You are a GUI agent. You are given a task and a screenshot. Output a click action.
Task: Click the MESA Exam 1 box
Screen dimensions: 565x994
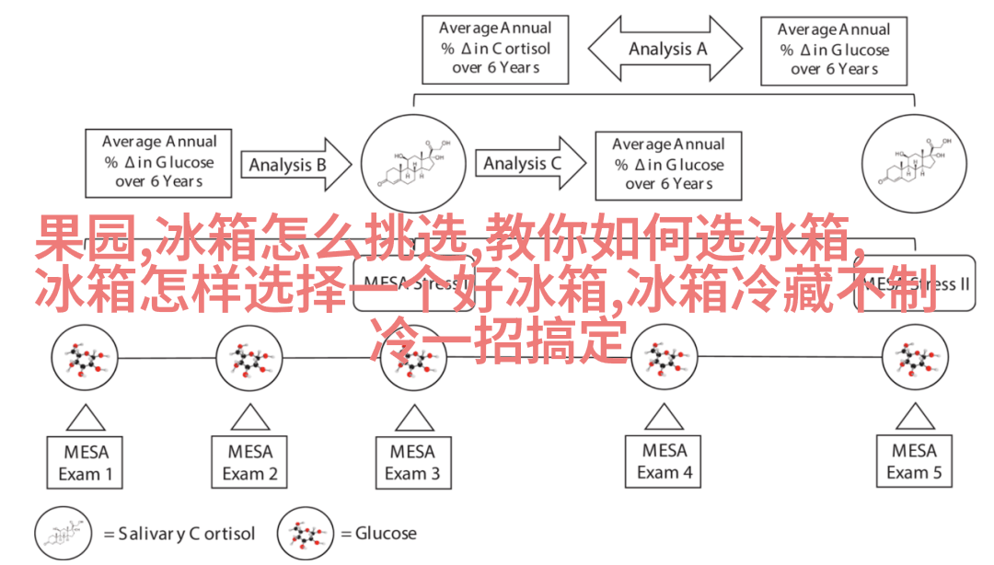click(86, 462)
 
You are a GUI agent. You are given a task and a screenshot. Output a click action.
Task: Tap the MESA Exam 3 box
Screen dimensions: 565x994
click(411, 462)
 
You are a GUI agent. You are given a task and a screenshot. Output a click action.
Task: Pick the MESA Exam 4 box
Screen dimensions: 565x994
click(665, 461)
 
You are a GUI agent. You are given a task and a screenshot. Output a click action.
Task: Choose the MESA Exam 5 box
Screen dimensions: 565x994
click(914, 462)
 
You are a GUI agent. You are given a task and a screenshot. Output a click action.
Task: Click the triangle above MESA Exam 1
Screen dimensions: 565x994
click(86, 418)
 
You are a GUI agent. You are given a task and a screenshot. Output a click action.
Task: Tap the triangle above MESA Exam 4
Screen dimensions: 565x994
click(665, 418)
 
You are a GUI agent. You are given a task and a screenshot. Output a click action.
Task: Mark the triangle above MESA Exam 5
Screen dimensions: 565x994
click(914, 418)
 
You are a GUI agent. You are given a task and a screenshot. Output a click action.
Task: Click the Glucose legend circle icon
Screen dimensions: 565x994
click(306, 533)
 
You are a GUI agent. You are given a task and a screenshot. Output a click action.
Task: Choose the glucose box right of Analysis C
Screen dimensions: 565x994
click(669, 164)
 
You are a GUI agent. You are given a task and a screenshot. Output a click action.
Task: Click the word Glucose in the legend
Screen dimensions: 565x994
click(386, 533)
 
